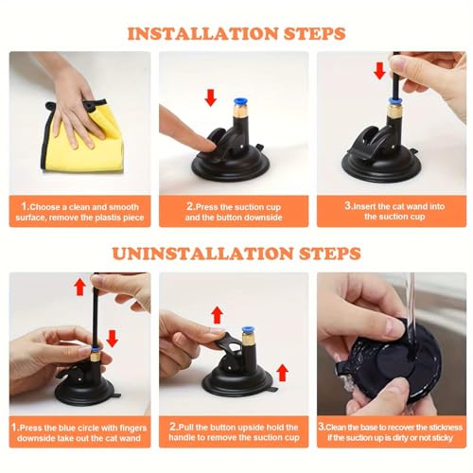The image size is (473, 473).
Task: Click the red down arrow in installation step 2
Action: (210, 96)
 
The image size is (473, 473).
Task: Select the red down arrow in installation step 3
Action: (380, 72)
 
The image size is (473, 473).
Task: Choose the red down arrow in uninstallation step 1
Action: (113, 336)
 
